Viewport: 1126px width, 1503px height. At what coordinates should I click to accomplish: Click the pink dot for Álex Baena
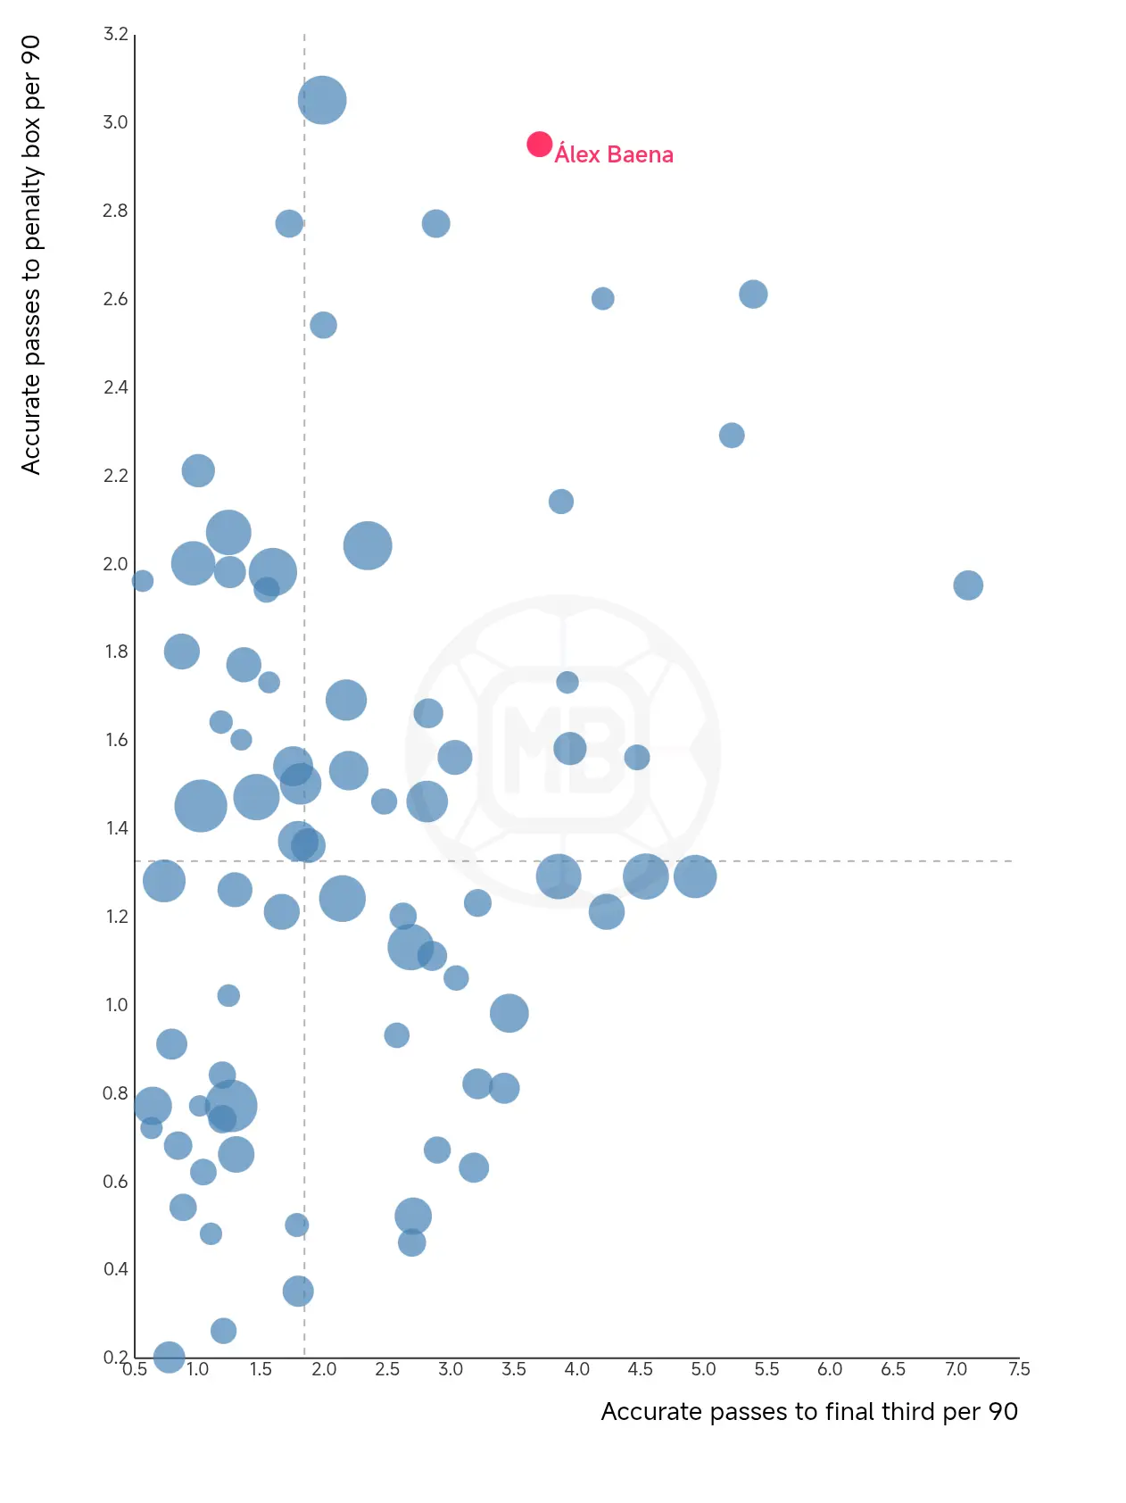[x=539, y=144]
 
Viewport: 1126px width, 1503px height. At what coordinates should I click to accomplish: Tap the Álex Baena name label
[x=614, y=155]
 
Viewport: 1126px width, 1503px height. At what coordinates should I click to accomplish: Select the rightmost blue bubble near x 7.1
[x=967, y=585]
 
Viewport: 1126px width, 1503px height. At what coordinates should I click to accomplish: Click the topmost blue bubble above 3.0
[x=322, y=100]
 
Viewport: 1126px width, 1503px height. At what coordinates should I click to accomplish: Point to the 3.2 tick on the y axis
[x=116, y=35]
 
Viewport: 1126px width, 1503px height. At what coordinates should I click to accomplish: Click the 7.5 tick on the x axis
[x=1019, y=1369]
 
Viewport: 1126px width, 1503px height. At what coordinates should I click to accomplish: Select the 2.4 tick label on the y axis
[x=116, y=387]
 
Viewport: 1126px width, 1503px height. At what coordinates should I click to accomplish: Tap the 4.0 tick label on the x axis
[x=576, y=1369]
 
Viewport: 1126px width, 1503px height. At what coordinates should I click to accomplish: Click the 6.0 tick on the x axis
[x=830, y=1369]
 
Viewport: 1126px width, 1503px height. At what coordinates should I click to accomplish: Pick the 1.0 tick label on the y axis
[x=116, y=1005]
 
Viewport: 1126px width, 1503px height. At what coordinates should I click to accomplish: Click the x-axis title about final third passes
[x=808, y=1411]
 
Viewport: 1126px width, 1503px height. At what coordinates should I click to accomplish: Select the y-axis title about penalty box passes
[x=31, y=255]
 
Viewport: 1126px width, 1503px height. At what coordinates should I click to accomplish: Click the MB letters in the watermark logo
[x=563, y=749]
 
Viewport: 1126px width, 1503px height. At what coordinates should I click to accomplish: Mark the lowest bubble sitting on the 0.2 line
[x=169, y=1358]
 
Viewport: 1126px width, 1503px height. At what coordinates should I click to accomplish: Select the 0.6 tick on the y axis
[x=116, y=1182]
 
